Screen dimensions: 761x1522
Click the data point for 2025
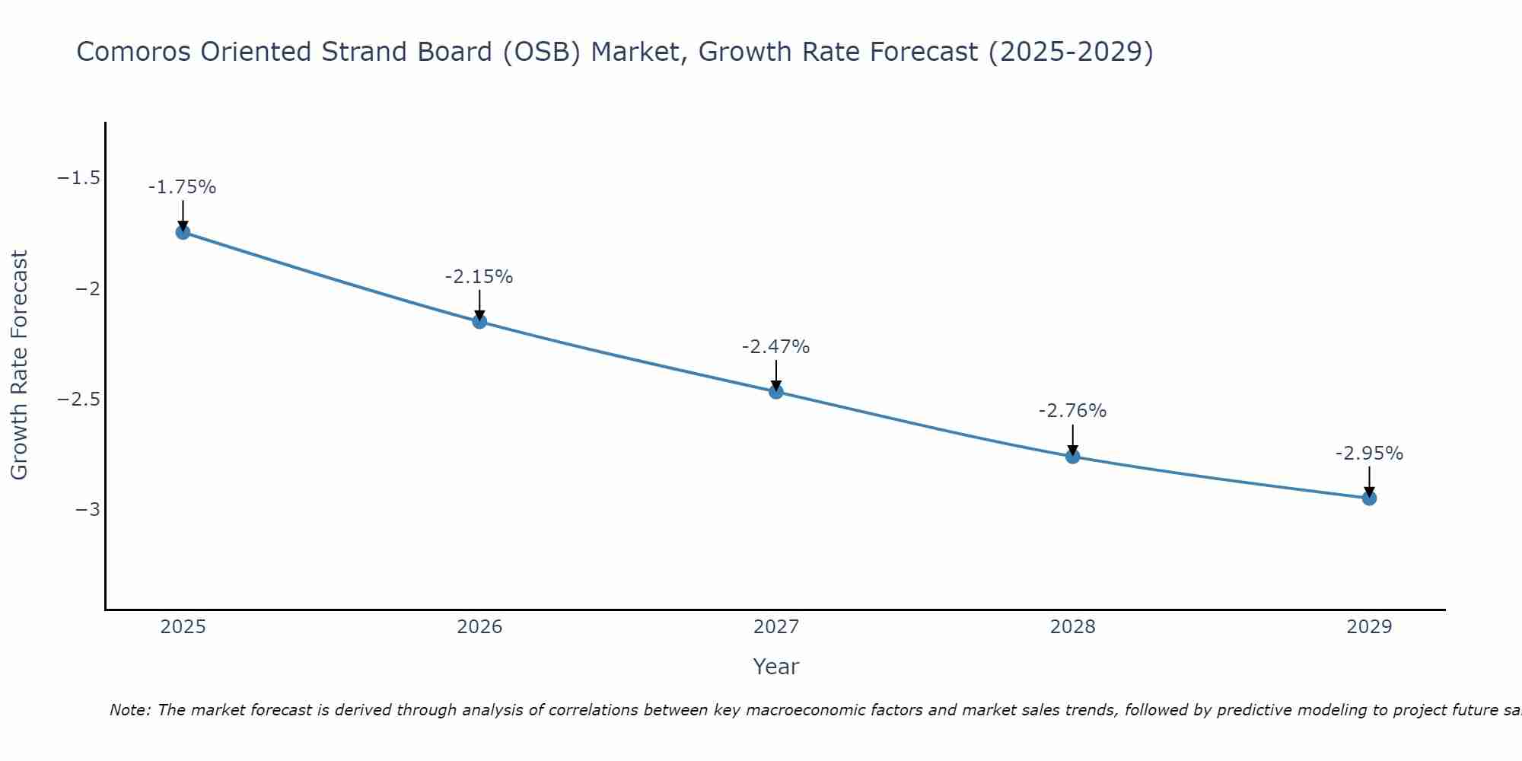pyautogui.click(x=183, y=232)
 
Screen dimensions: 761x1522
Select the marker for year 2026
pyautogui.click(x=479, y=321)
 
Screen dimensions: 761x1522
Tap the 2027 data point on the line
pyautogui.click(x=776, y=392)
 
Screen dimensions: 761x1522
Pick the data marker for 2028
pyautogui.click(x=1073, y=457)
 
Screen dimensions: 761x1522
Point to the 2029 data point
pyautogui.click(x=1369, y=498)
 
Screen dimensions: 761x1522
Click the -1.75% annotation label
pyautogui.click(x=182, y=187)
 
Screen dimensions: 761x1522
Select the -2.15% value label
pyautogui.click(x=479, y=277)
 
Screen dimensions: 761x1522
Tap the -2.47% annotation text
pyautogui.click(x=775, y=347)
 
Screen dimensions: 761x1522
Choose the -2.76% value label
pyautogui.click(x=1072, y=411)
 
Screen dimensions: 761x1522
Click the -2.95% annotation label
pyautogui.click(x=1369, y=454)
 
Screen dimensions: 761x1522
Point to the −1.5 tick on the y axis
pyautogui.click(x=79, y=178)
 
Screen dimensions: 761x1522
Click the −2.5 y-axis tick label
pyautogui.click(x=79, y=400)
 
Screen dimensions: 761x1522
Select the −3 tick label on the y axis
pyautogui.click(x=88, y=510)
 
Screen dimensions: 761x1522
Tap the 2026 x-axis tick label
pyautogui.click(x=479, y=627)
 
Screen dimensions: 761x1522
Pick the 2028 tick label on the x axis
pyautogui.click(x=1072, y=627)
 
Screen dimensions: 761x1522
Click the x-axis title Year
pyautogui.click(x=775, y=667)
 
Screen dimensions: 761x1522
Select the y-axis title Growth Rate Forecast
pyautogui.click(x=19, y=365)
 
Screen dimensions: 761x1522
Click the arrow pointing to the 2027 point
pyautogui.click(x=776, y=375)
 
